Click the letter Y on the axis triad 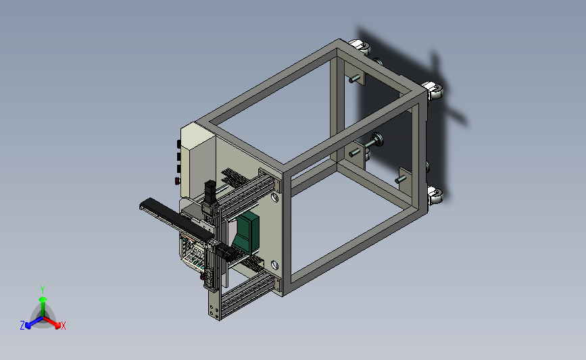pos(42,290)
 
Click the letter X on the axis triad pos(63,326)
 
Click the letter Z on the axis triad pos(22,326)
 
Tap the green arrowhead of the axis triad pos(43,299)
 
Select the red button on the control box pos(177,181)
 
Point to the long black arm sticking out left pos(176,219)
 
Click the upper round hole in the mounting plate pos(274,197)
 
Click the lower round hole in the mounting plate pos(274,265)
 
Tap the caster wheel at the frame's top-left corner pos(360,47)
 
